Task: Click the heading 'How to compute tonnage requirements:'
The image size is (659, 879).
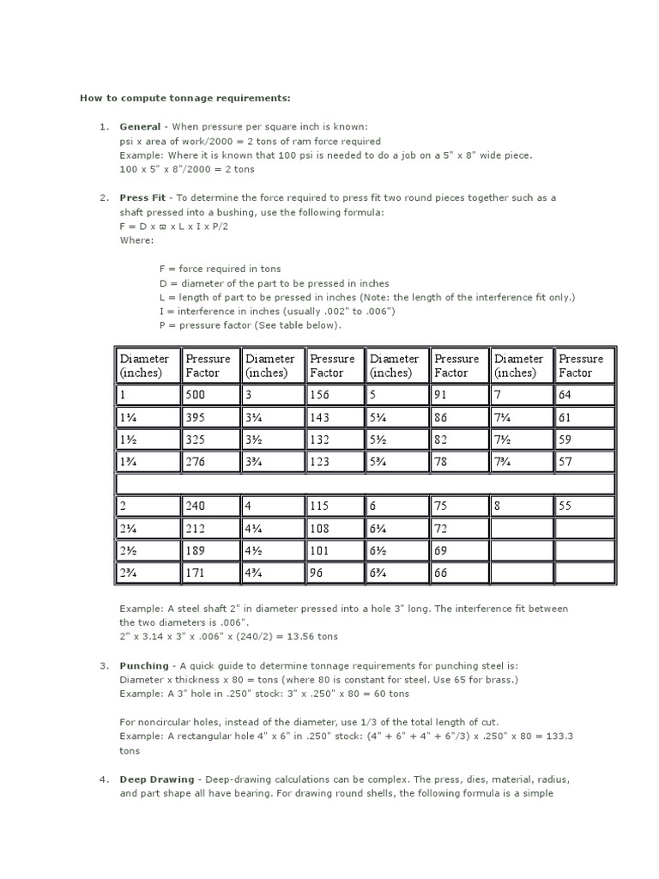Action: (185, 98)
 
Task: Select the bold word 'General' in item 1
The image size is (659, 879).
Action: (139, 126)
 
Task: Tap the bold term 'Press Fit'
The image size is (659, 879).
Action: (142, 197)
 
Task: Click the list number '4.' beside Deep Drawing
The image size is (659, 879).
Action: (103, 779)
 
